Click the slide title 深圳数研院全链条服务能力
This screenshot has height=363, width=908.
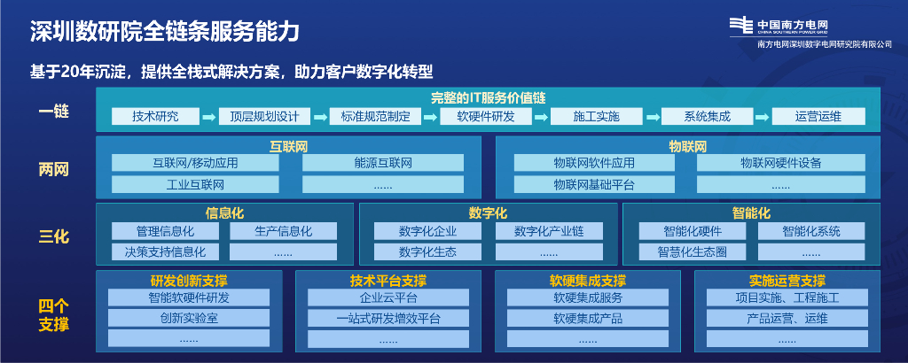coord(163,32)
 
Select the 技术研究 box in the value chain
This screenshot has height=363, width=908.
coord(155,116)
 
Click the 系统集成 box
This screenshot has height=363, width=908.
coord(707,116)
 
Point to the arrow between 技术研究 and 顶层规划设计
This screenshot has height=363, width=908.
coord(209,117)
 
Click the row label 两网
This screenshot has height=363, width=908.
coord(53,168)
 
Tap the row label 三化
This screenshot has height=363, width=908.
coord(53,236)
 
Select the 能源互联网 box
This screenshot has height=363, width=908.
coord(383,163)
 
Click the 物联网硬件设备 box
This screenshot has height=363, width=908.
coord(780,163)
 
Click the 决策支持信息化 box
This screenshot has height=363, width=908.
coord(165,252)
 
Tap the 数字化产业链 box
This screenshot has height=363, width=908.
coord(549,231)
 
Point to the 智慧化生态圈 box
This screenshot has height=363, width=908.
coord(693,252)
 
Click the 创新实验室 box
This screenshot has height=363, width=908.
coord(189,318)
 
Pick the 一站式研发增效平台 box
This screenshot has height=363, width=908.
coord(387,318)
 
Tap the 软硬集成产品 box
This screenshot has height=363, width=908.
coord(587,318)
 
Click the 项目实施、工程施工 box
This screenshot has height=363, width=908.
coord(787,297)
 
